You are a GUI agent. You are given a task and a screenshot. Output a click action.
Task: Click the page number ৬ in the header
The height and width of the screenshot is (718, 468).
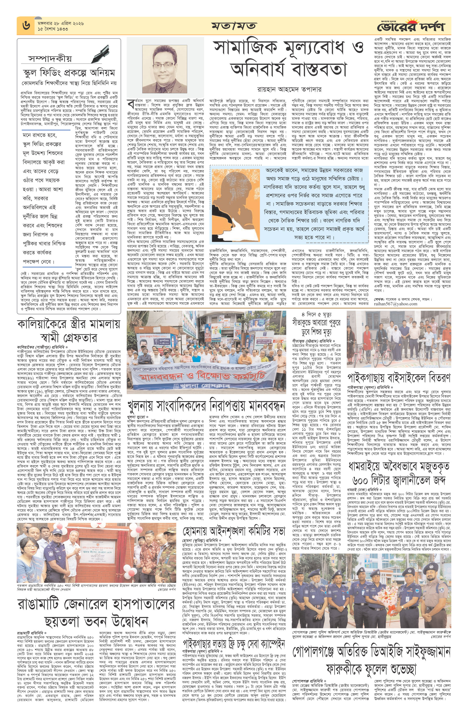(x=26, y=25)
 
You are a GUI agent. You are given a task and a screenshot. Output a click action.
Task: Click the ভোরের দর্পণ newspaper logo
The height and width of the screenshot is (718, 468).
(x=411, y=26)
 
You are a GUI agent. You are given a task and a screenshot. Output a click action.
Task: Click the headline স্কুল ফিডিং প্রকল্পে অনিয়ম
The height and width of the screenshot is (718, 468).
(x=69, y=73)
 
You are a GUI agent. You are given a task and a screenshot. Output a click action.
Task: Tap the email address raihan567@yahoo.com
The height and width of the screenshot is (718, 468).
(x=395, y=304)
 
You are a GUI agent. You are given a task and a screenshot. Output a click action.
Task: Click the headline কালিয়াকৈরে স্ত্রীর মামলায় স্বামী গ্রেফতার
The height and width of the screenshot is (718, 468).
(x=69, y=331)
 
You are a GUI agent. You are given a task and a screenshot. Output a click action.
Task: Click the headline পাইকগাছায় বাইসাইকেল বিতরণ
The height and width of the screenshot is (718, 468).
(x=399, y=377)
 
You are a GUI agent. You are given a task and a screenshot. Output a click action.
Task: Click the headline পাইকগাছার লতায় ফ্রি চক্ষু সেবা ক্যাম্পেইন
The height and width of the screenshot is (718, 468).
(x=234, y=644)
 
